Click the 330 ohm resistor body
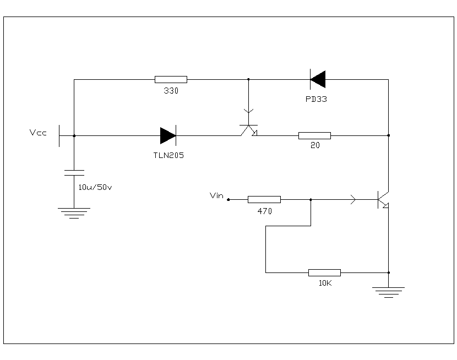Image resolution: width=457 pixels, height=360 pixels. [x=171, y=79]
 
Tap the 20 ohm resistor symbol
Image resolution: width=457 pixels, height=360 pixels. [x=314, y=136]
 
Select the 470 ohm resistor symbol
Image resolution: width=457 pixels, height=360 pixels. [x=264, y=199]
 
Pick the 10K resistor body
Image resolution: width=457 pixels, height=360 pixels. [x=324, y=272]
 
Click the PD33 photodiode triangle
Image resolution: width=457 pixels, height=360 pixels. [x=318, y=79]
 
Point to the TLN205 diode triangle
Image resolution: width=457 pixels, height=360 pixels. [x=168, y=135]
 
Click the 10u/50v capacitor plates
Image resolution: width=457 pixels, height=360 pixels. [x=74, y=173]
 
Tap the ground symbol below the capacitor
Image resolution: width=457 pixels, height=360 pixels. [x=74, y=213]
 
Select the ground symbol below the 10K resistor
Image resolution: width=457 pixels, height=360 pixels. [x=388, y=292]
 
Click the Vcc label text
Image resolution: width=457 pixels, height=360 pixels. [x=38, y=133]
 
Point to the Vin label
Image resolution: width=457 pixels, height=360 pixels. [x=216, y=195]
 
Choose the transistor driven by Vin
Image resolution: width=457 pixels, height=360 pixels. [x=383, y=200]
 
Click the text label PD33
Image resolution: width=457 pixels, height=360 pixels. [x=316, y=99]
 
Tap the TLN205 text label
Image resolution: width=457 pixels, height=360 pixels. [x=168, y=155]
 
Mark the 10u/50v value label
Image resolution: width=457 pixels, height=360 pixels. [x=95, y=187]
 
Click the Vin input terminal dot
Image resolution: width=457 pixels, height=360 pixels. [x=228, y=199]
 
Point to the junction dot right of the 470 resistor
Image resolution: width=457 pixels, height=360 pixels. [x=311, y=199]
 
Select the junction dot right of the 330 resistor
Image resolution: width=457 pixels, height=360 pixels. [x=248, y=79]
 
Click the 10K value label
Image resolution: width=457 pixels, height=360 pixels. [x=325, y=283]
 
